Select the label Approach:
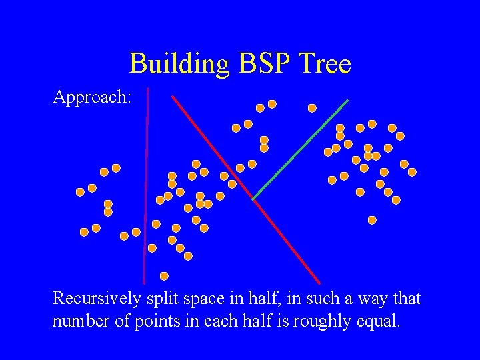pyautogui.click(x=92, y=98)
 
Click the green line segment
pyautogui.click(x=300, y=150)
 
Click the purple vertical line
pyautogui.click(x=146, y=187)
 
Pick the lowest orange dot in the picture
pyautogui.click(x=164, y=276)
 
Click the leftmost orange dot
pyautogui.click(x=80, y=192)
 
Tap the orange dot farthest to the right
pyautogui.click(x=412, y=172)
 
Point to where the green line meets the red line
pyautogui.click(x=253, y=199)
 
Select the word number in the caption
pyautogui.click(x=78, y=322)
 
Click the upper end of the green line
pyautogui.click(x=347, y=101)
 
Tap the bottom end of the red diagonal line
pyautogui.click(x=319, y=283)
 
